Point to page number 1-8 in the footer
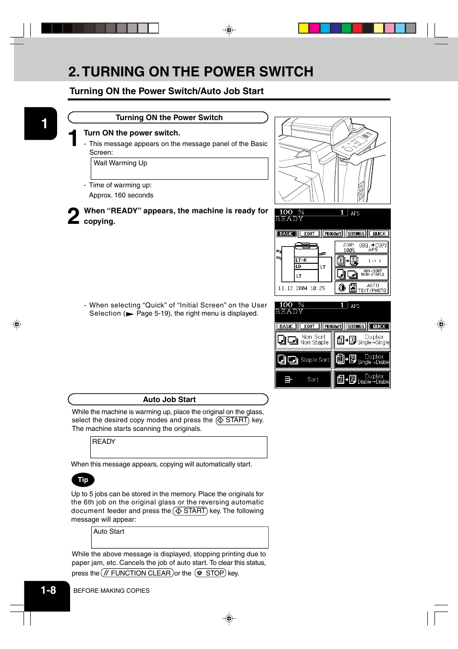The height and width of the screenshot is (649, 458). (x=48, y=590)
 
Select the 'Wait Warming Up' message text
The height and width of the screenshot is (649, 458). (x=121, y=163)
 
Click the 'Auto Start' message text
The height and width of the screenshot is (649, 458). (x=109, y=532)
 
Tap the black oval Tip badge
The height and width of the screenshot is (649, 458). (x=83, y=480)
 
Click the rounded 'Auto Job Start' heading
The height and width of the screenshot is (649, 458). (x=169, y=400)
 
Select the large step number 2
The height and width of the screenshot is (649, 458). (x=73, y=216)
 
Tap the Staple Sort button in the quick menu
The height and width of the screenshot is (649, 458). (x=303, y=360)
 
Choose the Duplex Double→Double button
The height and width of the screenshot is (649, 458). (x=362, y=380)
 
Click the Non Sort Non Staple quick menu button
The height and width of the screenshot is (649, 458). (x=303, y=340)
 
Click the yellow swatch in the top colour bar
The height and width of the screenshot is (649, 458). (x=303, y=28)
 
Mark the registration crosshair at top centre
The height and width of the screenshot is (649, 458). (x=229, y=30)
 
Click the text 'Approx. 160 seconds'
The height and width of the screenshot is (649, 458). (x=121, y=196)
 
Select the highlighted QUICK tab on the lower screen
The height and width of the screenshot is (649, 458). (x=379, y=327)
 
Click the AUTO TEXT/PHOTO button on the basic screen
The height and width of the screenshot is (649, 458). (x=362, y=288)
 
